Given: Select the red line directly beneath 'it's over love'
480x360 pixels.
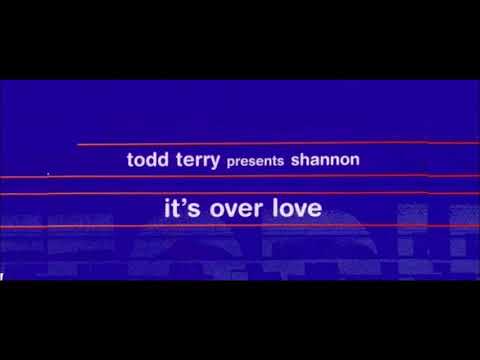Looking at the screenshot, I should point(240,229).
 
